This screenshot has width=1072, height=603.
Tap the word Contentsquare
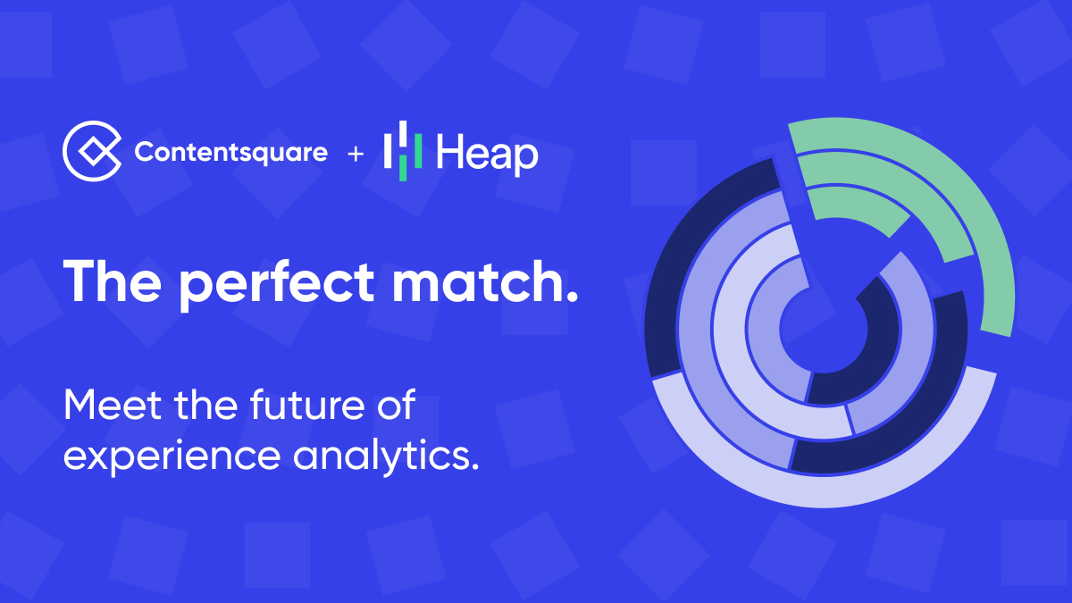tap(230, 153)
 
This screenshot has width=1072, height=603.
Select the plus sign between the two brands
tap(356, 155)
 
